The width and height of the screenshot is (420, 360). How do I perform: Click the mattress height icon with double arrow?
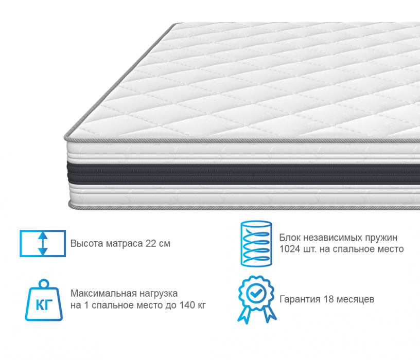[43, 243]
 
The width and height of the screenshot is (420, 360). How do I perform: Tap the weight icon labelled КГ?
[44, 300]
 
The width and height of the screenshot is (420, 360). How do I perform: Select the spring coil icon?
[256, 244]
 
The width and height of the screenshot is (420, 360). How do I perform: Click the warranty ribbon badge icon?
[257, 299]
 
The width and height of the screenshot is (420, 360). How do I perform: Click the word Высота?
[87, 244]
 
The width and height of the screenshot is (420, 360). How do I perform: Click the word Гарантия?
[300, 299]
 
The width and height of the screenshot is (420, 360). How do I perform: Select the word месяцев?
[355, 299]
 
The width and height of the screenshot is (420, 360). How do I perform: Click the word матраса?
[125, 244]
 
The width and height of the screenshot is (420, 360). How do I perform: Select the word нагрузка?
[158, 294]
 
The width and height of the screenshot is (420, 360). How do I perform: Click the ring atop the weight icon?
[44, 284]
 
